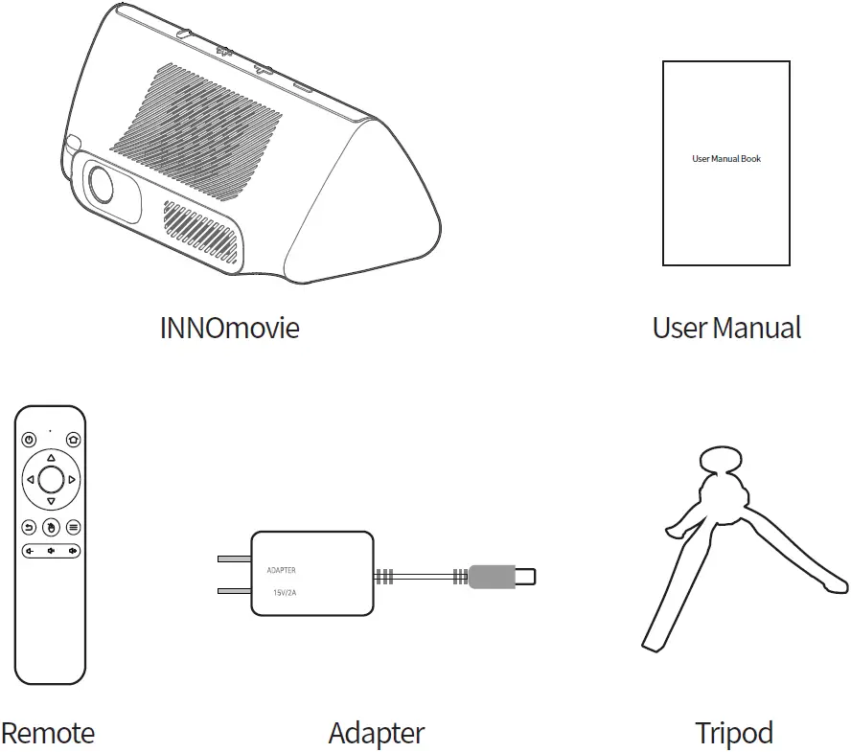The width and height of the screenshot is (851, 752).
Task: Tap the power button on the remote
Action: [x=29, y=440]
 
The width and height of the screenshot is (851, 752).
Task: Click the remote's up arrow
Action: [x=51, y=458]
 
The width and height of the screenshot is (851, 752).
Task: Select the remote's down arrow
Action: [x=51, y=501]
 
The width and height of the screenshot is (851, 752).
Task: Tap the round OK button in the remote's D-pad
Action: [x=51, y=479]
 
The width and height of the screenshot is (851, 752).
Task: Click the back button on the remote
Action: [x=29, y=527]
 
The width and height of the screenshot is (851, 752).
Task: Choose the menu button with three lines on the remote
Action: [x=73, y=527]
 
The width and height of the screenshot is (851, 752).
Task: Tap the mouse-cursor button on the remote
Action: [x=51, y=527]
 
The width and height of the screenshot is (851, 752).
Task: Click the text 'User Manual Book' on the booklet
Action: [x=726, y=159]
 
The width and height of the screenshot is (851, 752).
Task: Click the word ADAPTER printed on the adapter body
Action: [x=281, y=571]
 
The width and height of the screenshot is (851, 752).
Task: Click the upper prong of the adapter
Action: [x=234, y=558]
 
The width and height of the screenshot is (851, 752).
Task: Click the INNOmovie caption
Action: [x=229, y=328]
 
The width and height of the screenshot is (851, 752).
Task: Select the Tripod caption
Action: [x=733, y=734]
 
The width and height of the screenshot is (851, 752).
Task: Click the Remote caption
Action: [x=48, y=734]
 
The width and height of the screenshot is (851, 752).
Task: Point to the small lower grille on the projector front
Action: [x=199, y=232]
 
